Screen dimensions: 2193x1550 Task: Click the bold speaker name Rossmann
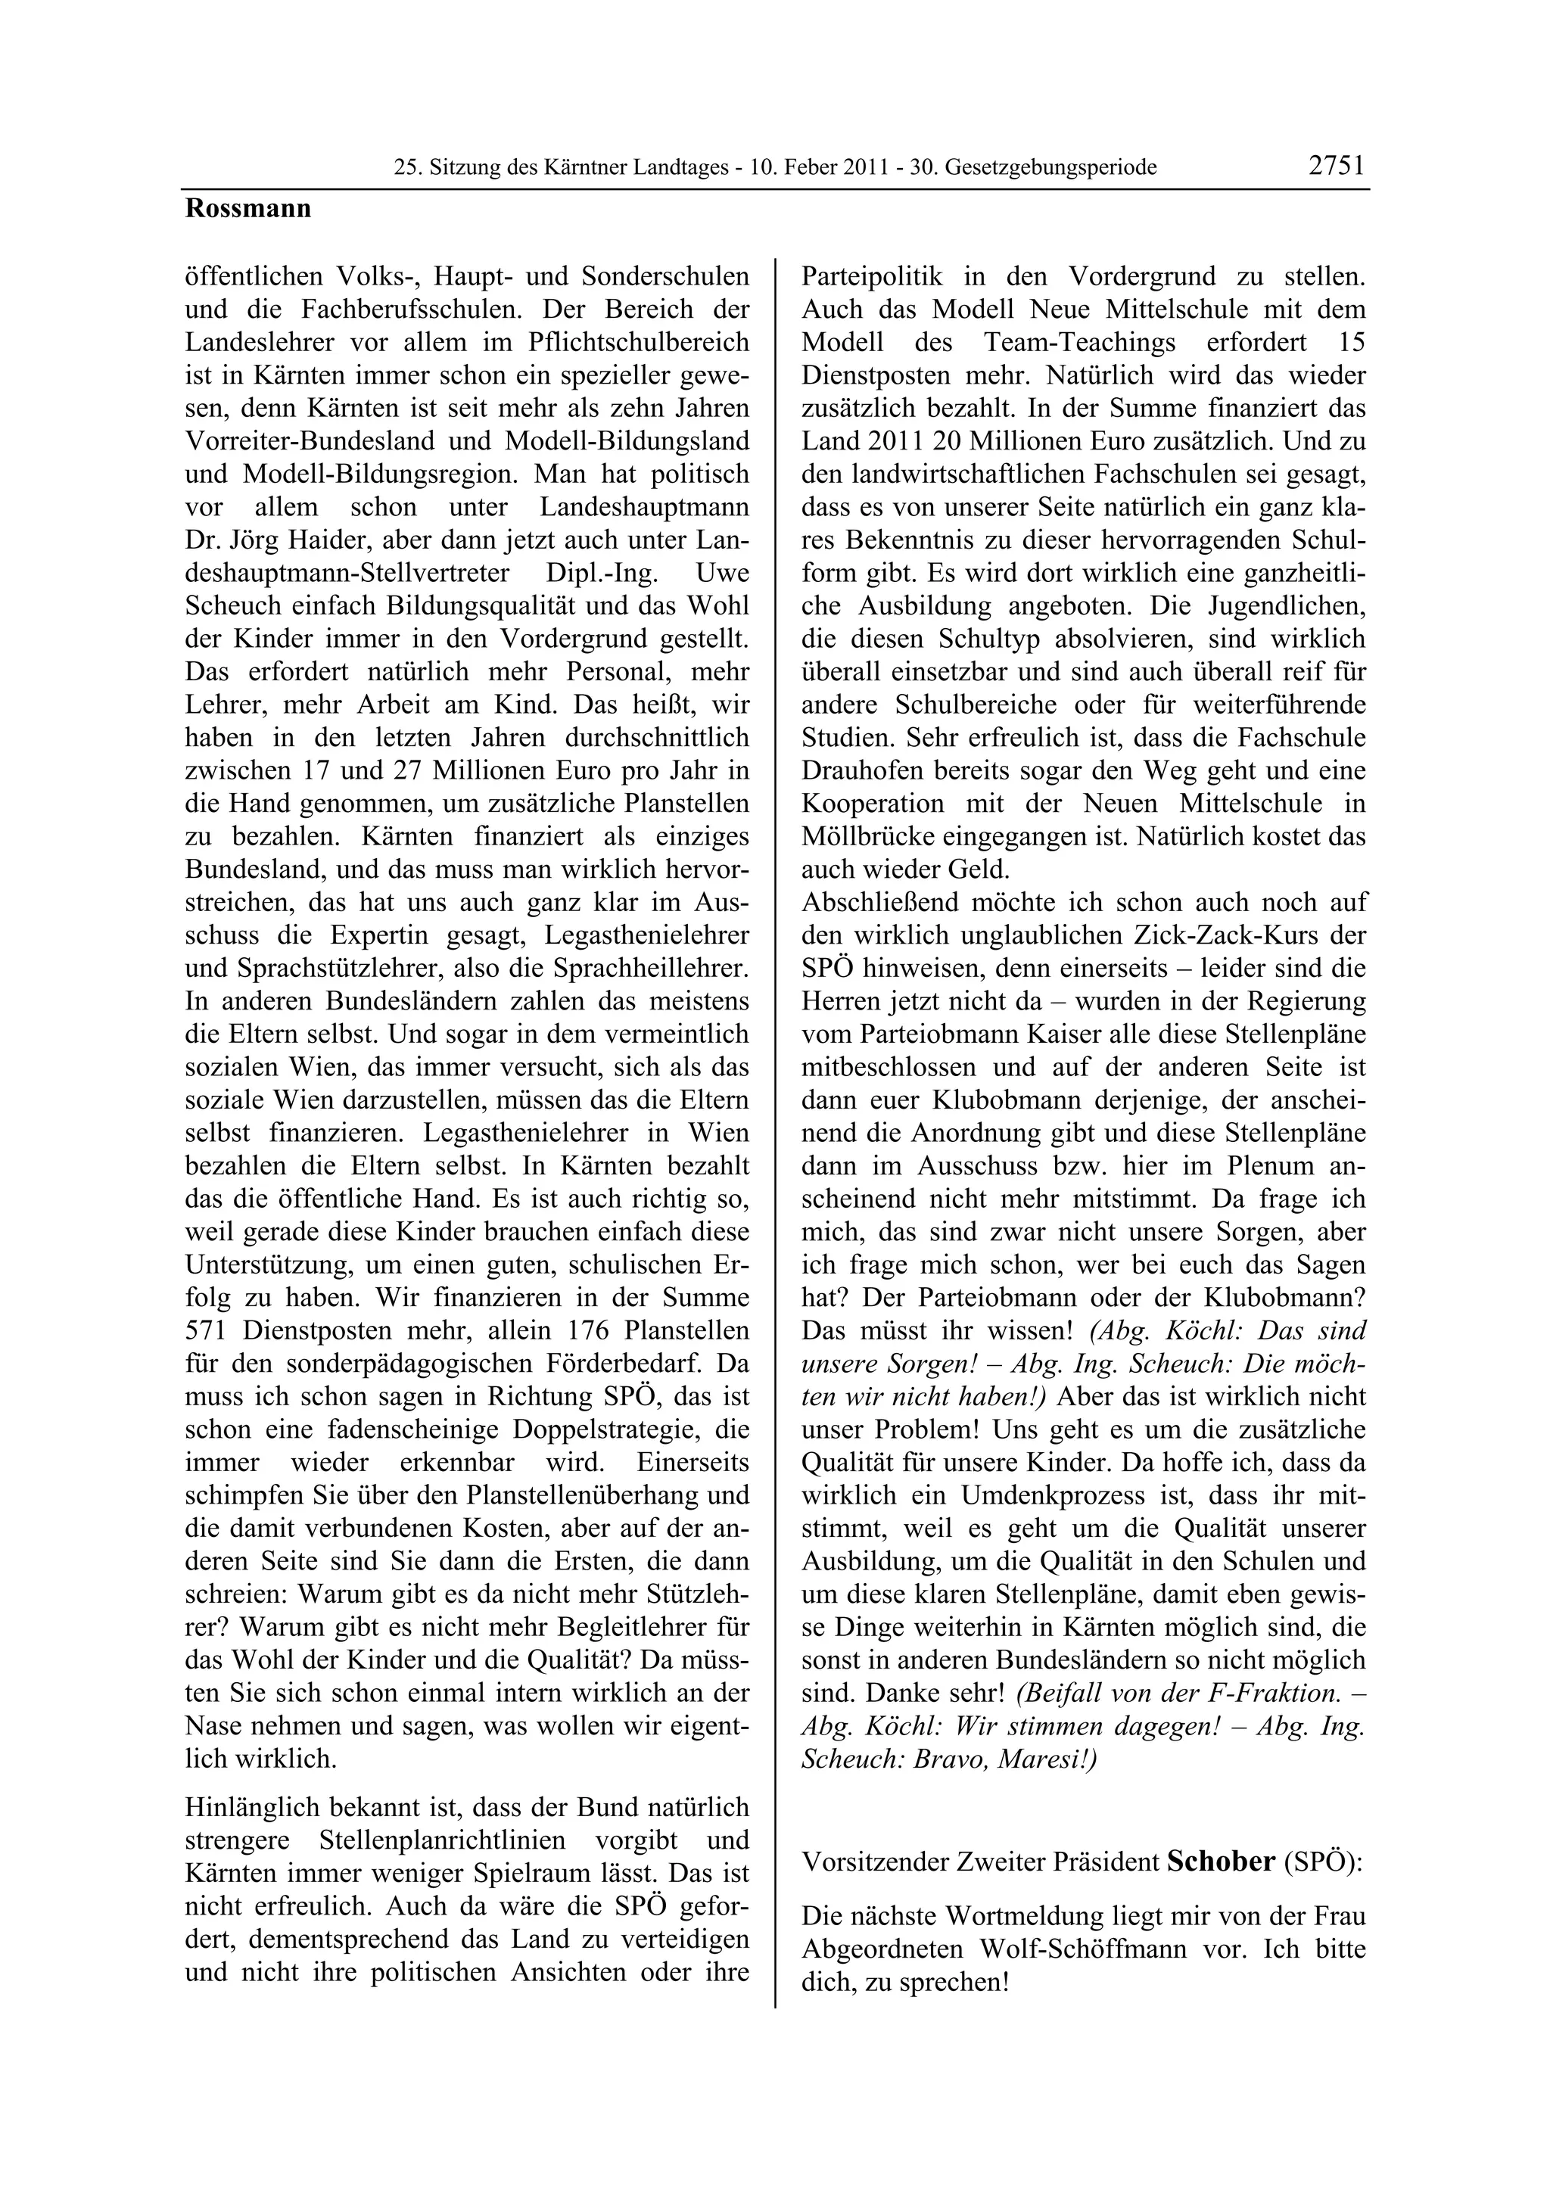[x=248, y=208]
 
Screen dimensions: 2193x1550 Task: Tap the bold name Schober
[x=1222, y=1862]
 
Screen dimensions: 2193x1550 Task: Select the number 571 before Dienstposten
[x=207, y=1330]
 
